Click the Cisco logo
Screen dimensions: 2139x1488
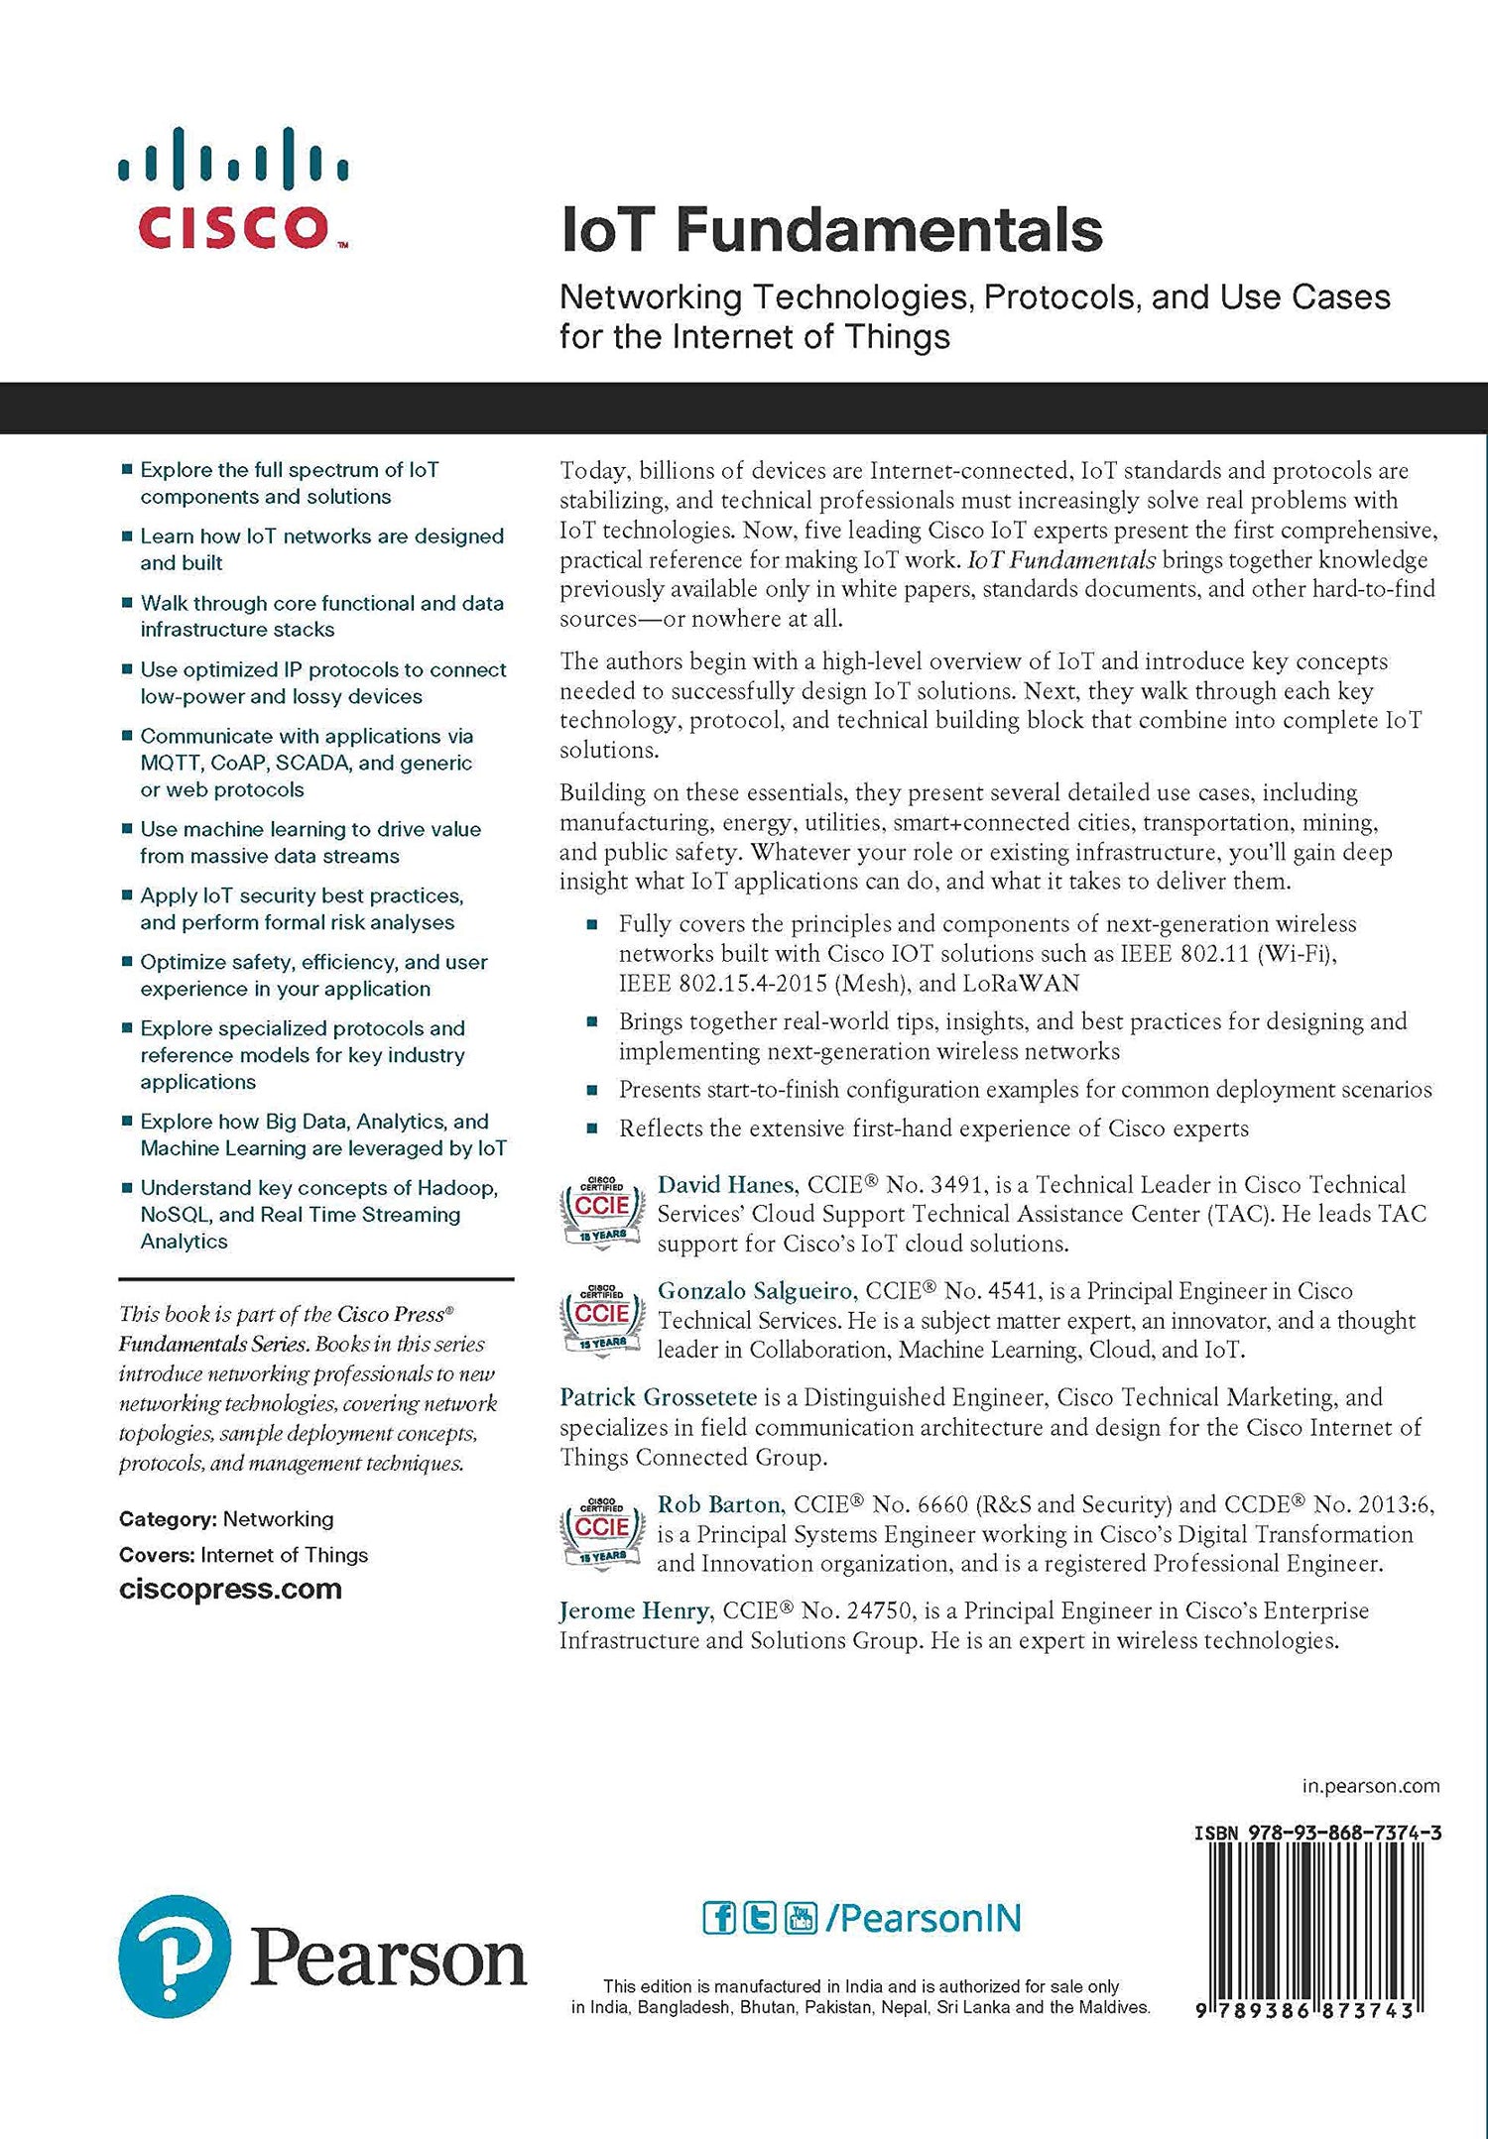(x=233, y=188)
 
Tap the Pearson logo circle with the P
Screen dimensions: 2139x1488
(x=175, y=1957)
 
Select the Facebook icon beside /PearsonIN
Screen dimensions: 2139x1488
(x=719, y=1918)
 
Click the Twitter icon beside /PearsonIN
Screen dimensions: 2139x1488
(x=760, y=1918)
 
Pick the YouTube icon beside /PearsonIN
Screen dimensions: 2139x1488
(x=801, y=1918)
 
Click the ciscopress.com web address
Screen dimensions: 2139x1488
(x=230, y=1589)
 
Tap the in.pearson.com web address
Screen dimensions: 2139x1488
(x=1370, y=1786)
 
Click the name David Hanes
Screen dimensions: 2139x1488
(x=726, y=1184)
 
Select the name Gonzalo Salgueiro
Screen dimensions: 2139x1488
(x=755, y=1290)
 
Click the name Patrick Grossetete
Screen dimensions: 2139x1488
(x=659, y=1397)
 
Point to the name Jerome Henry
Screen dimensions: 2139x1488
(x=635, y=1610)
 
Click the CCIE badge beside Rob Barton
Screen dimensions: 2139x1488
(x=601, y=1532)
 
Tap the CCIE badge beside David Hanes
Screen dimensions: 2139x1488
(x=601, y=1211)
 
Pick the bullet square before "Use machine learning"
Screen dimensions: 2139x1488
(x=127, y=828)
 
